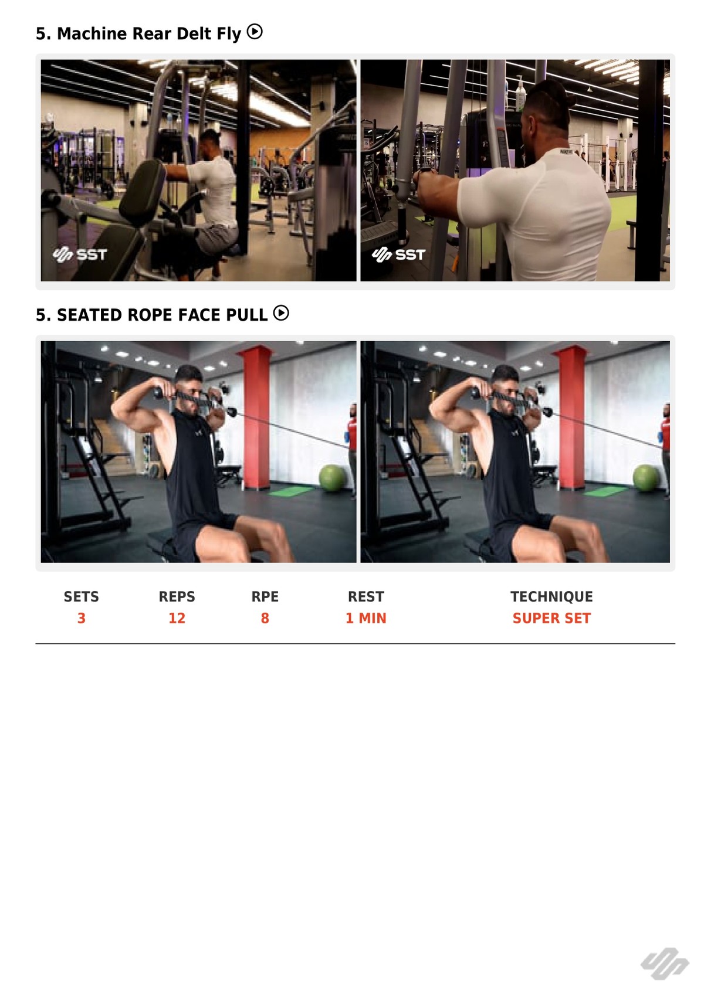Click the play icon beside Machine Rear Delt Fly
coord(255,32)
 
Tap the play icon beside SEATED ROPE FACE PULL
coord(281,313)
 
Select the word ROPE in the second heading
coord(150,315)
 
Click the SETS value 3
coord(82,618)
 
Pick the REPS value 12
coord(177,618)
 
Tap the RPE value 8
coord(265,618)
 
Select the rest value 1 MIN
coord(365,618)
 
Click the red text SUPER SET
coord(551,618)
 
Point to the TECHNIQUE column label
coord(551,596)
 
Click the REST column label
coord(365,596)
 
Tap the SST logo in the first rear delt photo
coord(80,254)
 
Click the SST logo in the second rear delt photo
coord(399,254)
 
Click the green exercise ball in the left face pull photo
coord(333,478)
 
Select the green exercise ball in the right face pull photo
coord(647,478)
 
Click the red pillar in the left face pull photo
coord(256,417)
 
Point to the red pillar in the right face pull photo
coord(571,417)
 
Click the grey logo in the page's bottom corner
coord(665,964)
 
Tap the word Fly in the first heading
coord(229,34)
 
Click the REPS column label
coord(177,596)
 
